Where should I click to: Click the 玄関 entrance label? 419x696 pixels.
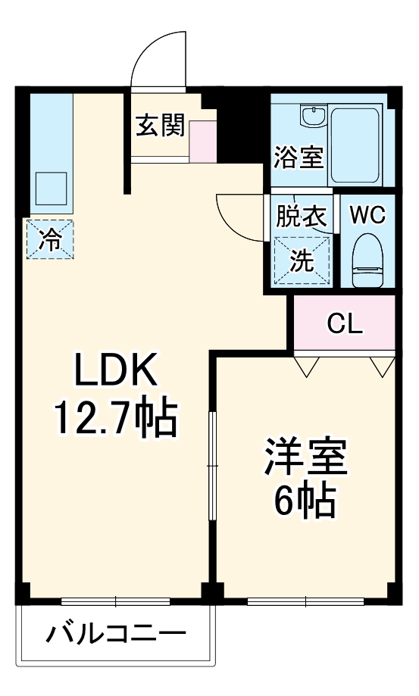(x=160, y=125)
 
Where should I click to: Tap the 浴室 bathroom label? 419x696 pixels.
(x=299, y=158)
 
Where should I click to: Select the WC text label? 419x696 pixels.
(x=367, y=215)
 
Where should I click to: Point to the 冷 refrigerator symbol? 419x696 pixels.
(x=51, y=240)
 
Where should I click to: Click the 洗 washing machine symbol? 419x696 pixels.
(x=302, y=261)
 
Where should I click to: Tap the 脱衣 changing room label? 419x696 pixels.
(x=301, y=217)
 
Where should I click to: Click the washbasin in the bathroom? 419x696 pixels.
(x=312, y=117)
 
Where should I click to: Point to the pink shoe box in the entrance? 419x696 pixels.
(x=203, y=140)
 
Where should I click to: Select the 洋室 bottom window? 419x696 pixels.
(x=305, y=602)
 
